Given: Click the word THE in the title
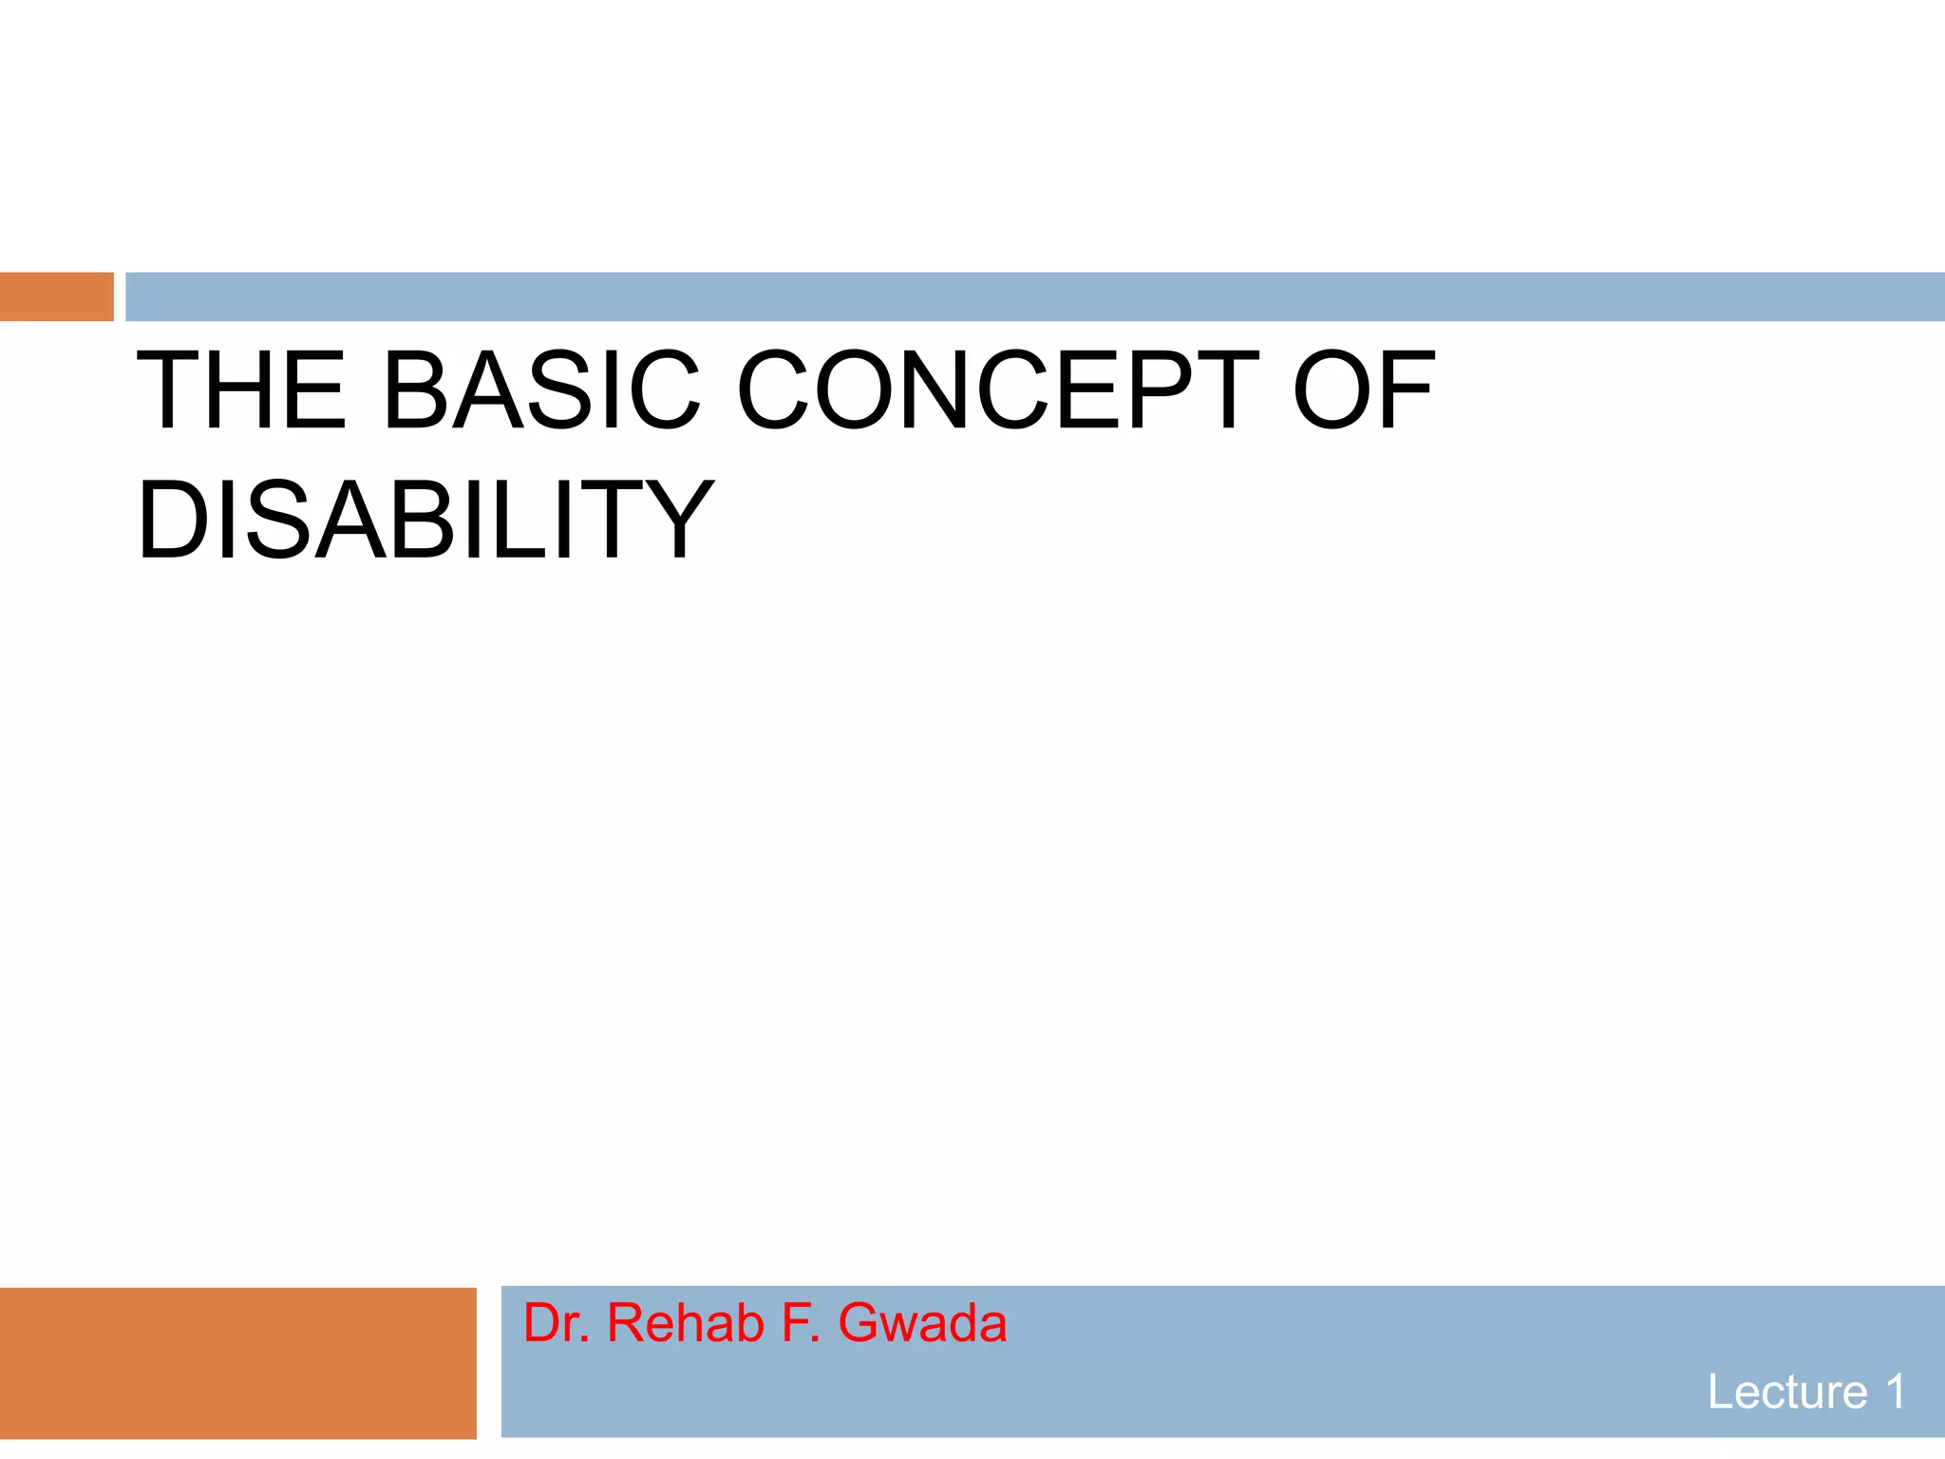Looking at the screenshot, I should (241, 389).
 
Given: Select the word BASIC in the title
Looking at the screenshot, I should (540, 389).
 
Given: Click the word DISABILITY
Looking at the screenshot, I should (425, 521).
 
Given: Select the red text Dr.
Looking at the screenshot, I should (557, 1323).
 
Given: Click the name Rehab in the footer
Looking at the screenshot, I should (685, 1323).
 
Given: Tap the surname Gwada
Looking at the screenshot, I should (922, 1323).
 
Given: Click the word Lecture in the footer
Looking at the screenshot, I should (1786, 1393).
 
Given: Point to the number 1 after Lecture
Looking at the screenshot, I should (1896, 1393).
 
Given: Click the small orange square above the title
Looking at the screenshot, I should (56, 296).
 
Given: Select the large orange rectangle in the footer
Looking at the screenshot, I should (237, 1363).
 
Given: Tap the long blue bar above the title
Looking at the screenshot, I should (1034, 296).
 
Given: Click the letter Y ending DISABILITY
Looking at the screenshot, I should (675, 521).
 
